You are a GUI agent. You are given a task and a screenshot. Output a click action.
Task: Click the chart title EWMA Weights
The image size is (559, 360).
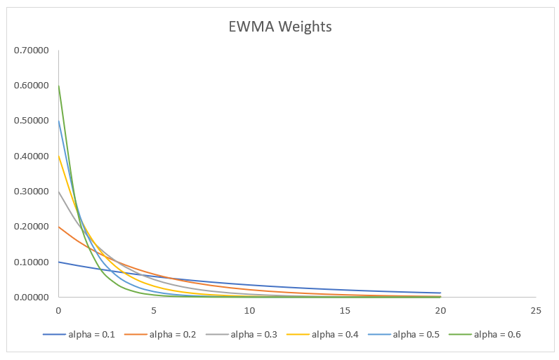point(280,27)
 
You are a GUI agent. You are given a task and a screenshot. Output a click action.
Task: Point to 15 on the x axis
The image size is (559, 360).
point(345,309)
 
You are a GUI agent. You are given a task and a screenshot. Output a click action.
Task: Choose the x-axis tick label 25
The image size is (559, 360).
point(536,309)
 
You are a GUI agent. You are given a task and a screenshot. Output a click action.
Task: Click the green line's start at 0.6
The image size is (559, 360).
point(59,86)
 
